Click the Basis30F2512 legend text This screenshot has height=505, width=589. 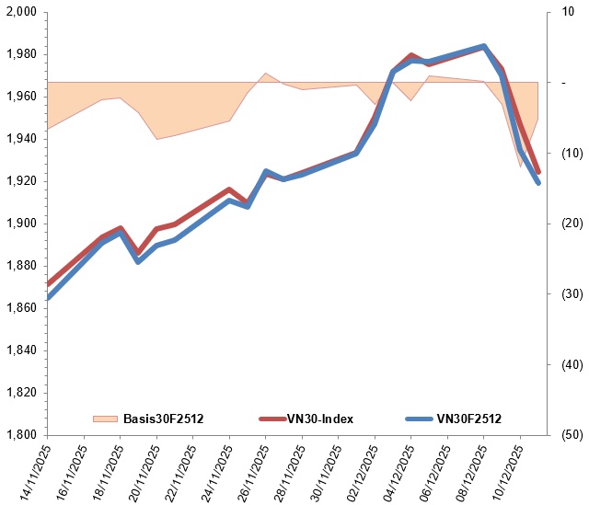point(163,419)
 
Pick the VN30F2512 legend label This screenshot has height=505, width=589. point(469,419)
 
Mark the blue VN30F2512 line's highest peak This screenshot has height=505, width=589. point(484,46)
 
